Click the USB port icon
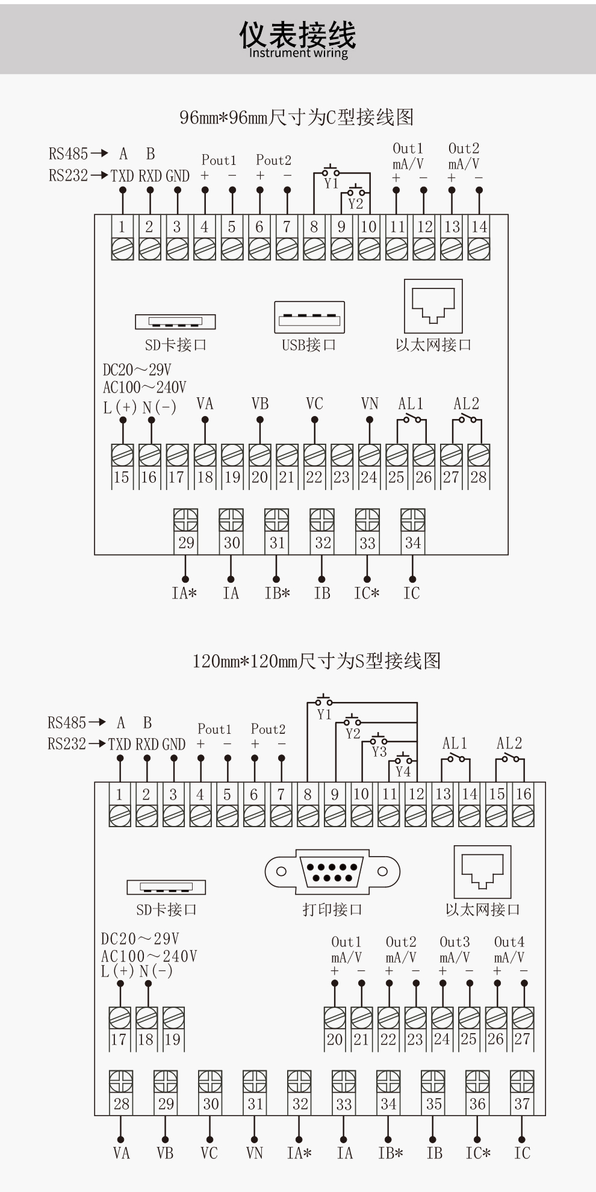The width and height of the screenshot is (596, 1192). (x=309, y=317)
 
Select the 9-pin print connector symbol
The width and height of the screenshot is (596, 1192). (x=332, y=871)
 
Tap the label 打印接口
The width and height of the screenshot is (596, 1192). (x=332, y=910)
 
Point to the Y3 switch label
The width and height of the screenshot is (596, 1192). (x=379, y=751)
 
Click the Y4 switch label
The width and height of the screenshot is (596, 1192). (x=403, y=771)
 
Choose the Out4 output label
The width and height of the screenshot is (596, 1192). (x=509, y=942)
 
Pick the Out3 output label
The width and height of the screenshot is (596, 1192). (x=455, y=942)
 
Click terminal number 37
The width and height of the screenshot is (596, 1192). (x=522, y=1104)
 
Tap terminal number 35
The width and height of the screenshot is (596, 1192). (x=433, y=1104)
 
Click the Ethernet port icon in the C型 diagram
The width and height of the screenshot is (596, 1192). (x=433, y=306)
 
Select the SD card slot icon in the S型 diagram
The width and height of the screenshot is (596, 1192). (x=166, y=887)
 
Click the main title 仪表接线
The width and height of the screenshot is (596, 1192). (x=297, y=34)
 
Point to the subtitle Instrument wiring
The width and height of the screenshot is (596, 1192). (x=298, y=53)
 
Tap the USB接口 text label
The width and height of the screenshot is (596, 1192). (x=309, y=345)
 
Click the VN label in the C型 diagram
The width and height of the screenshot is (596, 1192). (x=370, y=403)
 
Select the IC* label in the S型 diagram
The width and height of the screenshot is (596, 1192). (x=478, y=1153)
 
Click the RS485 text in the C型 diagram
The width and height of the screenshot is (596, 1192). (x=68, y=154)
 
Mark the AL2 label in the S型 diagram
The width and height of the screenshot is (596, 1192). (x=509, y=743)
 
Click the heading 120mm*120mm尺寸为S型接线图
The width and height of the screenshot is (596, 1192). (x=317, y=661)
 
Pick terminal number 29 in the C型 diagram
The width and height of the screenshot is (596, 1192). (x=186, y=543)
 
